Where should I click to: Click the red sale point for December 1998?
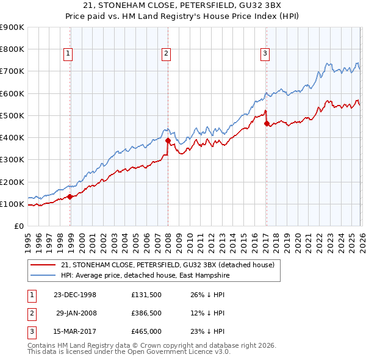70,196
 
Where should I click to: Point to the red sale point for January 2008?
168,140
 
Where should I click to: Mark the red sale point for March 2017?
267,123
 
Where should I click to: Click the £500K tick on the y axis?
13,115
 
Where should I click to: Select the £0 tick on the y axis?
18,226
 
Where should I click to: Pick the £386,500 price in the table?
146,313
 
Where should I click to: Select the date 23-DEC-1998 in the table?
75,295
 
